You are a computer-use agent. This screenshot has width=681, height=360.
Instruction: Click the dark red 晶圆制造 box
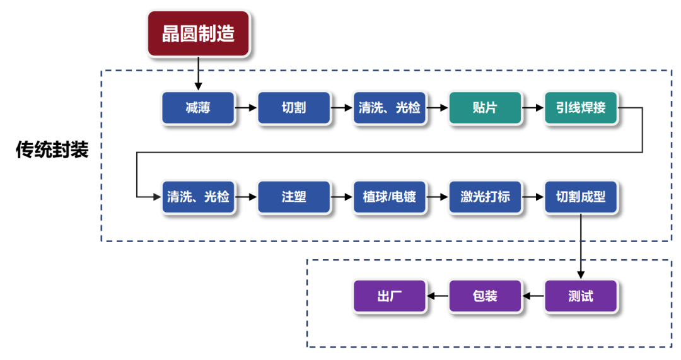[x=199, y=33]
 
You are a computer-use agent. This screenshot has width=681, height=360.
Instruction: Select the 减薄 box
[x=198, y=108]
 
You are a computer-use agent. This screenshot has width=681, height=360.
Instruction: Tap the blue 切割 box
[x=294, y=108]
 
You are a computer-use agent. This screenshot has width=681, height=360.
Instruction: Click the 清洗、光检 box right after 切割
[x=390, y=108]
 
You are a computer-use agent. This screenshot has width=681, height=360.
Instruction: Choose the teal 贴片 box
[x=485, y=108]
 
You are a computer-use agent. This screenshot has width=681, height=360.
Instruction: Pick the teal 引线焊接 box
[x=581, y=108]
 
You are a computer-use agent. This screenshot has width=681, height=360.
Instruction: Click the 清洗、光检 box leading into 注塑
[x=198, y=197]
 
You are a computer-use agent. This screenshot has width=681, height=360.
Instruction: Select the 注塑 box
[x=294, y=197]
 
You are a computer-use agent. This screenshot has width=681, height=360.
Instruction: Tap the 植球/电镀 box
[x=390, y=197]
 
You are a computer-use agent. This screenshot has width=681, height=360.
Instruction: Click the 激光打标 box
[x=485, y=197]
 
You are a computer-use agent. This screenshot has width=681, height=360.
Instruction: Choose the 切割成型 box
[x=581, y=197]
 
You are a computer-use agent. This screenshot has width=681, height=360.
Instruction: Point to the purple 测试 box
[x=581, y=296]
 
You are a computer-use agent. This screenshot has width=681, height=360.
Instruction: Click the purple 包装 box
[x=485, y=296]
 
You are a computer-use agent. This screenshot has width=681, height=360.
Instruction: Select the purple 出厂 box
[x=390, y=296]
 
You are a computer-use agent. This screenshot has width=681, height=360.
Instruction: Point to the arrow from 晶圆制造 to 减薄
[x=199, y=73]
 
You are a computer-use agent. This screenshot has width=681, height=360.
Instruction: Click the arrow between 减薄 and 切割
[x=246, y=108]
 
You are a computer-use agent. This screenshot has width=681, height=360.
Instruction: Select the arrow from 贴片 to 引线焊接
[x=533, y=108]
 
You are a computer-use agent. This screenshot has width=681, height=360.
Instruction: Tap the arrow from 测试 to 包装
[x=533, y=296]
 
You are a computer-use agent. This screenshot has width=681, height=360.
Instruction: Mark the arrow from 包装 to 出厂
[x=438, y=296]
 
